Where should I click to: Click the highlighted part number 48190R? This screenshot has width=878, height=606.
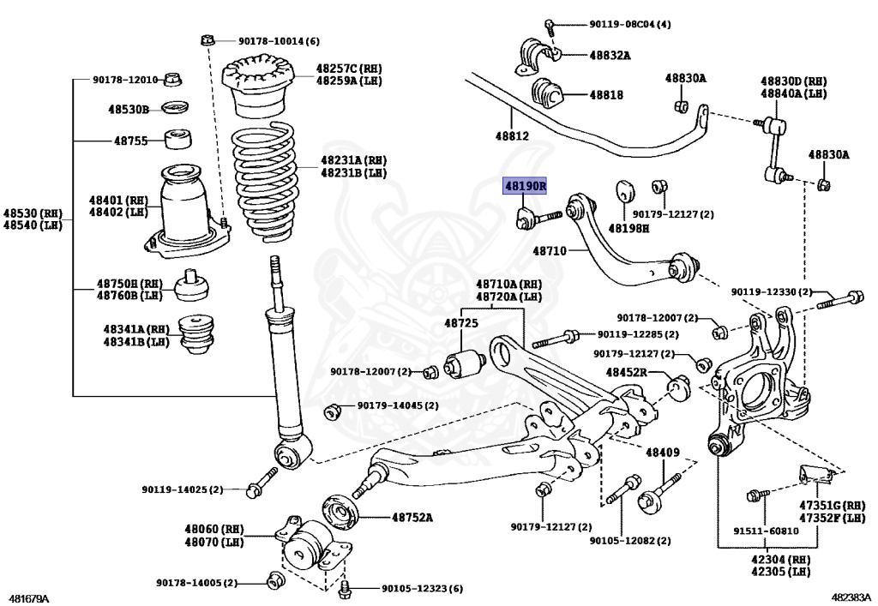coord(525,186)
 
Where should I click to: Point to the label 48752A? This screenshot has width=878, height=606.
coord(412,517)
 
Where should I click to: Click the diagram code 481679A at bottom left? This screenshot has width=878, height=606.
coord(29,597)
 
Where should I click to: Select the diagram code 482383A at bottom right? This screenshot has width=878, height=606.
coord(851,597)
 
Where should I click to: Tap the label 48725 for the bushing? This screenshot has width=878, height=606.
coord(460,323)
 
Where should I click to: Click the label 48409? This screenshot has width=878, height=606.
coord(662,452)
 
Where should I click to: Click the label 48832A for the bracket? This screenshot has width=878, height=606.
coord(609,56)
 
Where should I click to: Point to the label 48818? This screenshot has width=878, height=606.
coord(605,95)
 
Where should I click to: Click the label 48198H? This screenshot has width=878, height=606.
coord(628,229)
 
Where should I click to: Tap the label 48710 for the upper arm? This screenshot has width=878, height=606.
coord(550,251)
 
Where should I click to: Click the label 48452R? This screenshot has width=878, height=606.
coord(626,373)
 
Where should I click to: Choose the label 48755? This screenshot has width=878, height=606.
coord(131,141)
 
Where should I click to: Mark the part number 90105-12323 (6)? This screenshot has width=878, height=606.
coord(421,589)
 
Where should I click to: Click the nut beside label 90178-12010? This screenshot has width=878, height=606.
coord(171,80)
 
